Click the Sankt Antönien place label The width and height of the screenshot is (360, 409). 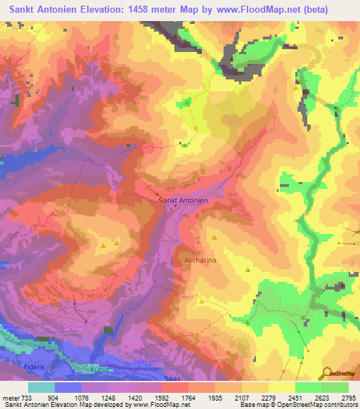point(183,201)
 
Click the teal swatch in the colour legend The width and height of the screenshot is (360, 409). point(41,387)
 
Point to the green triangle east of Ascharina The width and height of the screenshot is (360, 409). point(247,269)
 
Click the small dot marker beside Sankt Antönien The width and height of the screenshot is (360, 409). point(157,195)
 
